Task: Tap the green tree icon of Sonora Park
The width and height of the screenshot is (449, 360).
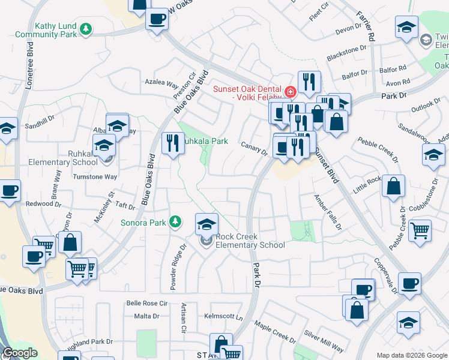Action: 175,222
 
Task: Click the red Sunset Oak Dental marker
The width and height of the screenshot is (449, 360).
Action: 291,92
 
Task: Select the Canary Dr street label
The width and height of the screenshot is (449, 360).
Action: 254,148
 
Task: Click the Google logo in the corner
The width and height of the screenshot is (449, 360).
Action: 19,353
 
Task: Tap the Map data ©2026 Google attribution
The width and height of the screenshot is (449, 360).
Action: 412,355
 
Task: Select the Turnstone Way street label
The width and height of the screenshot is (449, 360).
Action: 95,177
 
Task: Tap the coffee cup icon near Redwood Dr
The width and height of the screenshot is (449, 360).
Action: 9,191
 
